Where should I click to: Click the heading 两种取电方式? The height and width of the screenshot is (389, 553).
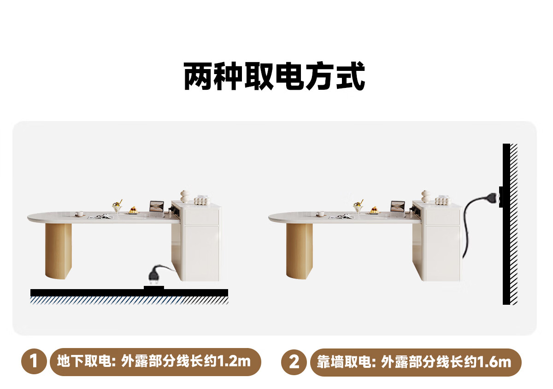(x=274, y=75)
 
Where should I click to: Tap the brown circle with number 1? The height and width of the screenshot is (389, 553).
(x=34, y=361)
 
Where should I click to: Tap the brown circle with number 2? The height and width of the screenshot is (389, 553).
(x=294, y=362)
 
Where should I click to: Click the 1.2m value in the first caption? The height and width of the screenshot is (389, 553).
(x=235, y=361)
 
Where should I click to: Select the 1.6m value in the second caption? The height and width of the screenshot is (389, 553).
(x=495, y=362)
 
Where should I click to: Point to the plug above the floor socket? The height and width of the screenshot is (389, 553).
(x=154, y=275)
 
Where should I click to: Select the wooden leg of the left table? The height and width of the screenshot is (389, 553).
(x=59, y=251)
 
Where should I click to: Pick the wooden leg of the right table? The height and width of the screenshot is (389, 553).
(x=300, y=251)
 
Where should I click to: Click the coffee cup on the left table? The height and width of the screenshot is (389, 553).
(x=79, y=214)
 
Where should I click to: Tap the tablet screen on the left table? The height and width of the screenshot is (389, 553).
(x=157, y=206)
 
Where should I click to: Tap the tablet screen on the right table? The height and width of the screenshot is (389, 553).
(x=398, y=206)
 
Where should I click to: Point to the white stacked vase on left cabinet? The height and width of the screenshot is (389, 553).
(x=185, y=197)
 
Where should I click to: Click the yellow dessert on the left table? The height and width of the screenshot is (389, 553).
(x=134, y=210)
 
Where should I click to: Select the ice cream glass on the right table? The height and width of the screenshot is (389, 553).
(x=358, y=207)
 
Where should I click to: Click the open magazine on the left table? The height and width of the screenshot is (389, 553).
(x=102, y=216)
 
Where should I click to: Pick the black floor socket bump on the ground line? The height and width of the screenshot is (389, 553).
(x=154, y=288)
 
